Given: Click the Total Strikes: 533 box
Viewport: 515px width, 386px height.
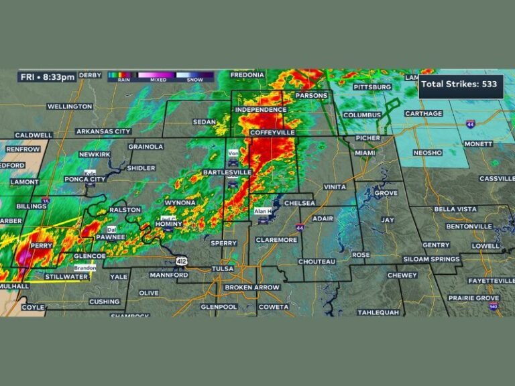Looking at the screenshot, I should (x=461, y=85).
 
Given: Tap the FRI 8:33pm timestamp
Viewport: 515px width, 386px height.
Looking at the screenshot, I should (x=47, y=77).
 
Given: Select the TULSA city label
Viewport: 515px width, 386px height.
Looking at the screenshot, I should (x=223, y=269).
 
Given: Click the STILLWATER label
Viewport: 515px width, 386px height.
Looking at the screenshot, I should (x=66, y=276).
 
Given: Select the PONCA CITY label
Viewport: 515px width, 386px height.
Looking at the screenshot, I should (x=85, y=180).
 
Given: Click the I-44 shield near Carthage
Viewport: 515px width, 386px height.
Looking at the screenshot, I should (x=471, y=125).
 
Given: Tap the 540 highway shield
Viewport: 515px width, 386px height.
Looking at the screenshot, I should (x=494, y=306).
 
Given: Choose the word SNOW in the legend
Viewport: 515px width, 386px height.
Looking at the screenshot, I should (x=194, y=80).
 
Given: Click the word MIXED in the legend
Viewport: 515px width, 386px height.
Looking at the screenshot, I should (x=158, y=80).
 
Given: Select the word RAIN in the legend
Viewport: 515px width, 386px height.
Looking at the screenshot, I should (x=123, y=80).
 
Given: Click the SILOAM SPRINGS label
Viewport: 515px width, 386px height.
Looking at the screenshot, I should (x=431, y=259).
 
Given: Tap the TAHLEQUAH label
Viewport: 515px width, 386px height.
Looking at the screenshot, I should (x=378, y=312).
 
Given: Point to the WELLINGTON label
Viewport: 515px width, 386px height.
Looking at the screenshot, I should (x=70, y=107).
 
